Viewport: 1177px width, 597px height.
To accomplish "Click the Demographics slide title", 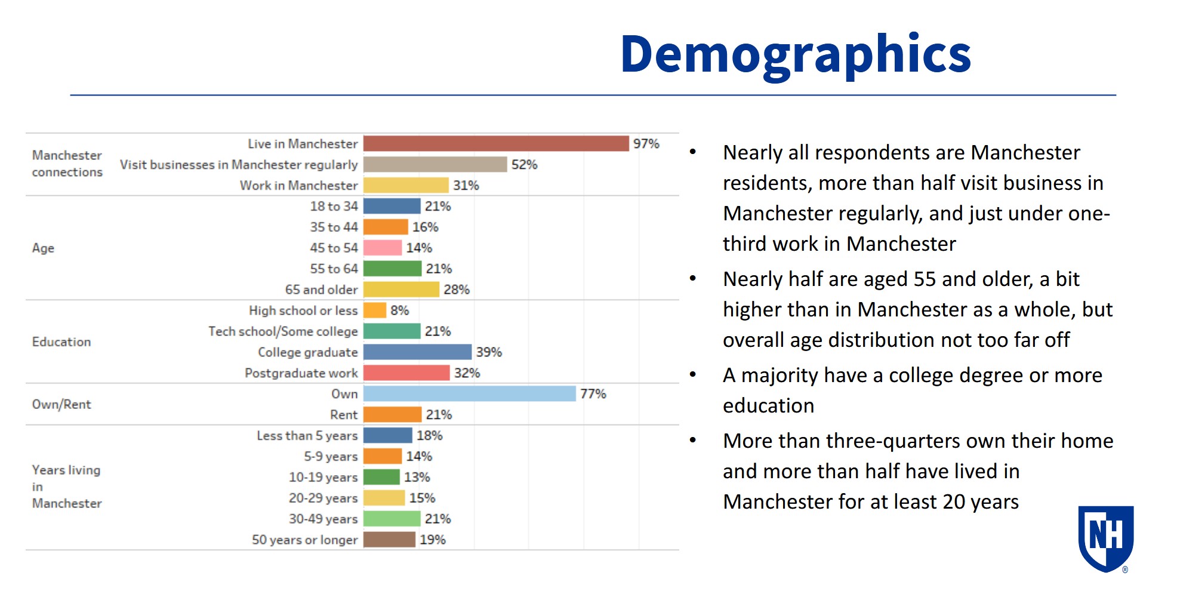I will (x=796, y=55).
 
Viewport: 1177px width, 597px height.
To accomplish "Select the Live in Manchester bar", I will (x=495, y=144).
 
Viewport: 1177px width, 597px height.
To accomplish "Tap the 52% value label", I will (x=524, y=165).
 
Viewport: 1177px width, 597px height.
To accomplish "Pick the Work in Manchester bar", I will (x=405, y=186).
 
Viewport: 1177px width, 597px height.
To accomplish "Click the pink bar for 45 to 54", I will (x=382, y=248).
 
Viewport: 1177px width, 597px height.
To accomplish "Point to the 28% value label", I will (x=457, y=290).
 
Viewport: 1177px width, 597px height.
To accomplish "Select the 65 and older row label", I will (x=321, y=290).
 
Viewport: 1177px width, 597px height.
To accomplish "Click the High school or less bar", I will (x=374, y=310).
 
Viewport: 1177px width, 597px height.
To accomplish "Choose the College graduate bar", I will (x=417, y=352).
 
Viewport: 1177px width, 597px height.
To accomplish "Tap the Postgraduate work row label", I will (x=301, y=373).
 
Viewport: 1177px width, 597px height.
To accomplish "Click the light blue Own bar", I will (x=469, y=394).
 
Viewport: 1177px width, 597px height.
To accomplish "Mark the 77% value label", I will (x=593, y=394).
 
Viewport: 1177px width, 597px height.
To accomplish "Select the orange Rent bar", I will (x=392, y=415).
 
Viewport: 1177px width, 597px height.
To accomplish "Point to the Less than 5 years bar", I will (x=387, y=436).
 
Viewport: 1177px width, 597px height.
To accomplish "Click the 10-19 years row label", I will (x=323, y=478).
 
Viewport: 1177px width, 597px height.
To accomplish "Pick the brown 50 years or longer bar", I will (x=389, y=540).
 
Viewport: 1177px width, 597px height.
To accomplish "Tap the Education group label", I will (x=61, y=342).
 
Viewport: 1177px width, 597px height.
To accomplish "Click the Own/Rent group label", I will (x=61, y=405).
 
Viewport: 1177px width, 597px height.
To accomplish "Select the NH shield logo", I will (x=1105, y=537).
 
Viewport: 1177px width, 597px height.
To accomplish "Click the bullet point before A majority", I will (x=693, y=375).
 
